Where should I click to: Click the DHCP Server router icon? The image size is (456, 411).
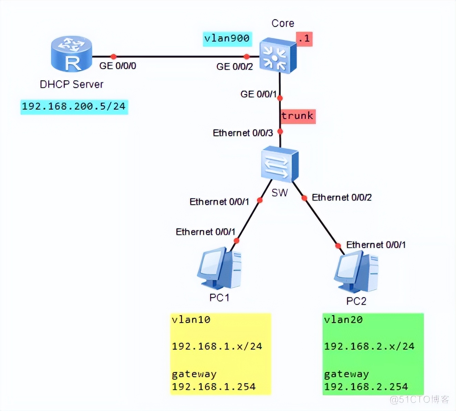pos(71,54)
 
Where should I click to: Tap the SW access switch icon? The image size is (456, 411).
pos(279,164)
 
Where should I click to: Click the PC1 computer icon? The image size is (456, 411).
pos(219,268)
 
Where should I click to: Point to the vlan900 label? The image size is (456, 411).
pos(227,38)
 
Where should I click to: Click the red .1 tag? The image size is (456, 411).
pos(304,39)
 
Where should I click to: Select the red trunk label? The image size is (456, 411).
pos(298,116)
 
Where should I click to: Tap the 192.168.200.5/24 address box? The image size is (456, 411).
pos(74,106)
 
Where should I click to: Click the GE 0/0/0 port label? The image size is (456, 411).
pos(118,66)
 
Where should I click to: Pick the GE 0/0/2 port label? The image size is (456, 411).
pos(235,66)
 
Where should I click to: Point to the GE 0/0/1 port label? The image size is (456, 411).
pos(258,94)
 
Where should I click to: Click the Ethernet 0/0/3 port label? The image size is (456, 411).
pos(243,133)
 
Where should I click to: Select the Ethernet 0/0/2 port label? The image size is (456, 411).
pos(342,198)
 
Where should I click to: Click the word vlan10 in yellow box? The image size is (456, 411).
pos(191,320)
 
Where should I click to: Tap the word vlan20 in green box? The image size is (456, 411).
pos(343,320)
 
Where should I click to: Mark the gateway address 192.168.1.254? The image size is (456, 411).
pos(214,387)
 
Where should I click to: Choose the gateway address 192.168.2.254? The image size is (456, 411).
pos(366,387)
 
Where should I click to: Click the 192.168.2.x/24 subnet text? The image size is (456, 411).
pos(369,346)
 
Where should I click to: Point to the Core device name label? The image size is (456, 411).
pos(283,23)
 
